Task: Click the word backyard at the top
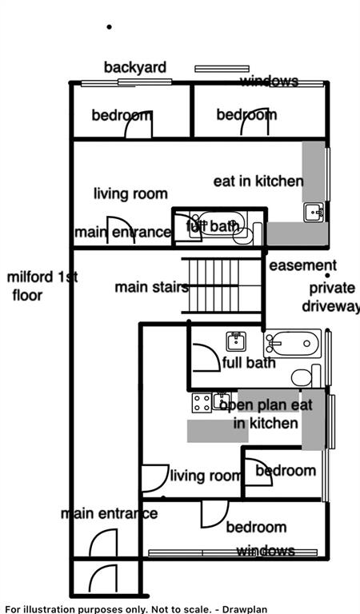point(135,67)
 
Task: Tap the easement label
point(302,265)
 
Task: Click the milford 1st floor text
point(42,286)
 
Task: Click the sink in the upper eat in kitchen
point(313,212)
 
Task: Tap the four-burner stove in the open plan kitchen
point(201,403)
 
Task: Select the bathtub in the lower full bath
point(292,344)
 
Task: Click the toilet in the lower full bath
point(302,376)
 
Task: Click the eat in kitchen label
point(258,181)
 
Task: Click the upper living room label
point(130,193)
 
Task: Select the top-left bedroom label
point(122,115)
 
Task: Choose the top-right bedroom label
point(246,115)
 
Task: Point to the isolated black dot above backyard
point(110,27)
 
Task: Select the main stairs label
point(151,287)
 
